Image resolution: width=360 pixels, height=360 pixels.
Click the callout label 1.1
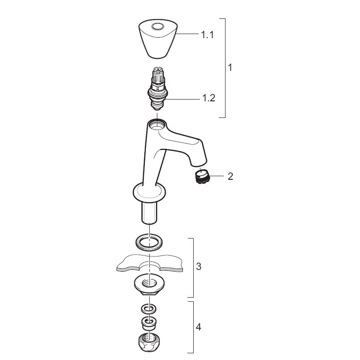click(x=207, y=35)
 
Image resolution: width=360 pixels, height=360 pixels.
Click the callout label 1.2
click(x=209, y=98)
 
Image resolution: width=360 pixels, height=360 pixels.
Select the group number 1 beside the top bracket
click(x=230, y=68)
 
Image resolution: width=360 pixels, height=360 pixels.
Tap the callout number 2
click(x=230, y=176)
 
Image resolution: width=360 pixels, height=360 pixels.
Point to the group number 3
click(x=199, y=267)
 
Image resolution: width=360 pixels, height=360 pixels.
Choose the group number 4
click(x=199, y=326)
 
